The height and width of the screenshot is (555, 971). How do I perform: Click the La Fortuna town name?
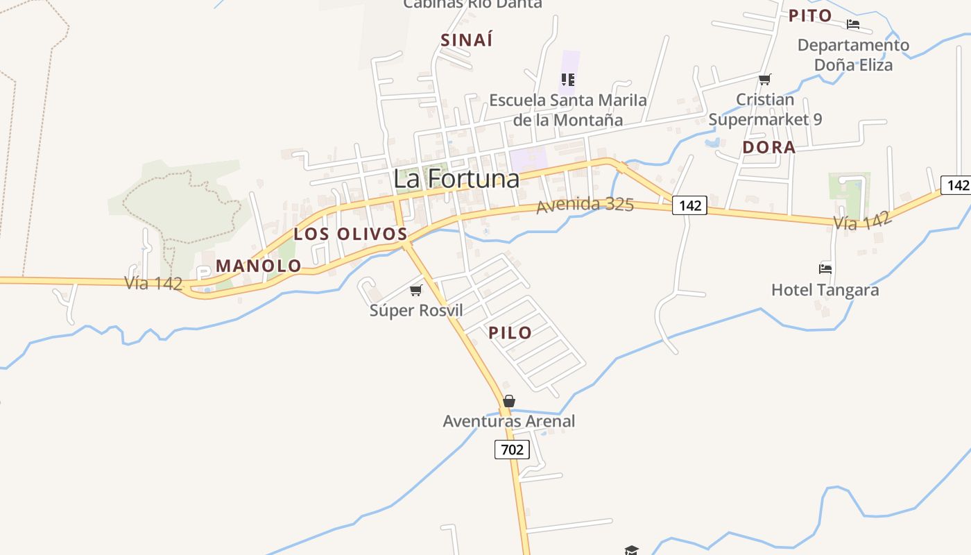(x=456, y=179)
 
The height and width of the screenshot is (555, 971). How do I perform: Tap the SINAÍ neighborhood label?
(x=467, y=40)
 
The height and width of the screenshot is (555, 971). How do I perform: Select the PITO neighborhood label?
(x=810, y=16)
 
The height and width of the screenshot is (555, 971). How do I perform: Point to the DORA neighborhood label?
(x=768, y=147)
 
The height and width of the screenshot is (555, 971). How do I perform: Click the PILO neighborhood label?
(x=510, y=332)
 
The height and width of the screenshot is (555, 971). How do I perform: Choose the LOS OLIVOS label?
(x=350, y=234)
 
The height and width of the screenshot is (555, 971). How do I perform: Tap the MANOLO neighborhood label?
(x=259, y=266)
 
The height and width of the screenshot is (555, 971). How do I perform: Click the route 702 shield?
(x=512, y=450)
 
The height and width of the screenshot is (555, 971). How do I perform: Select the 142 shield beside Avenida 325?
(x=689, y=205)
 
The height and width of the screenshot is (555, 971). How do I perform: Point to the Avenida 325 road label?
(x=585, y=205)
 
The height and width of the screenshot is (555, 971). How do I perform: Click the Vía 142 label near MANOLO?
(x=153, y=283)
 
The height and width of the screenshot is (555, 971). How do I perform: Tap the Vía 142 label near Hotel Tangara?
(x=862, y=221)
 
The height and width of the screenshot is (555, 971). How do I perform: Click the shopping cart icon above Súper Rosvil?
(x=415, y=290)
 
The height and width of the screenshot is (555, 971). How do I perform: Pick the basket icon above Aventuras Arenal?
(x=509, y=401)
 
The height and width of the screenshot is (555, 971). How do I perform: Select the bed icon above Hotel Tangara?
(x=825, y=268)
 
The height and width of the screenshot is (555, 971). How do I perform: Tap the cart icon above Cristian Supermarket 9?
(x=764, y=79)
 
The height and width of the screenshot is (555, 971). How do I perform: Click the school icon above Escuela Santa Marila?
(x=568, y=79)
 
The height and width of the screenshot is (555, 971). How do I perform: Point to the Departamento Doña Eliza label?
(x=853, y=55)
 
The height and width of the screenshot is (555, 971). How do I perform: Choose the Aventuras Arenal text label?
(x=509, y=421)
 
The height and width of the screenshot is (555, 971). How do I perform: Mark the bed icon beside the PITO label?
(x=853, y=24)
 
